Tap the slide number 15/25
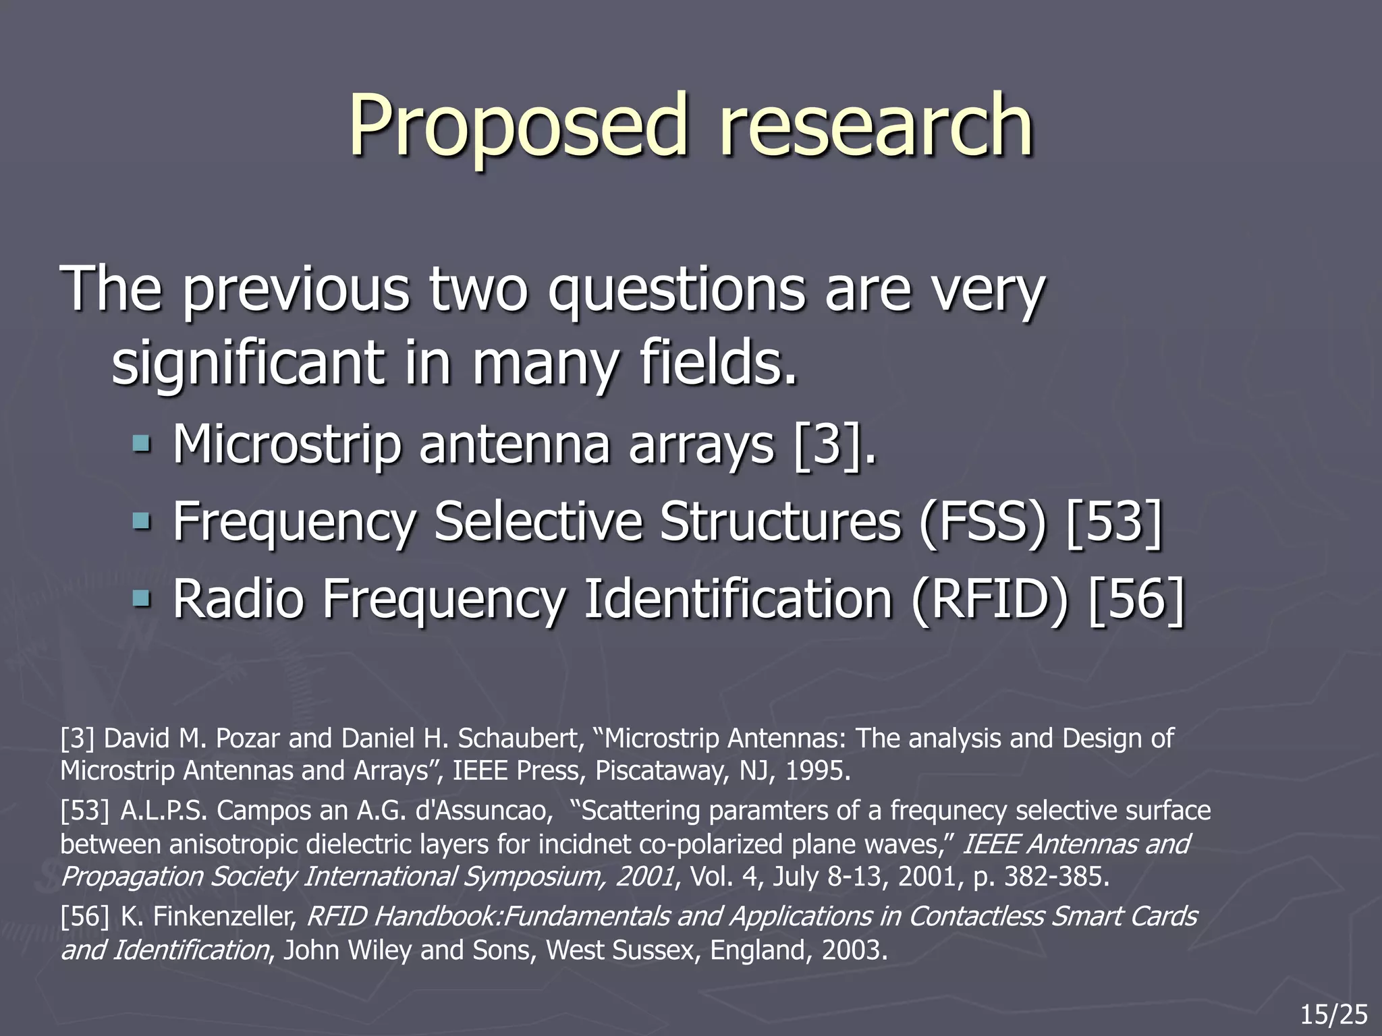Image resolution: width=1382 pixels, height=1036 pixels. point(1334,1014)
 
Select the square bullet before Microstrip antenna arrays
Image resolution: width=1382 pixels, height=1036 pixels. point(141,444)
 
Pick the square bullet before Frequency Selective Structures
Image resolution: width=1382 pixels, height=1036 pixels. point(141,521)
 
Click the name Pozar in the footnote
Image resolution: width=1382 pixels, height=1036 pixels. point(248,739)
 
